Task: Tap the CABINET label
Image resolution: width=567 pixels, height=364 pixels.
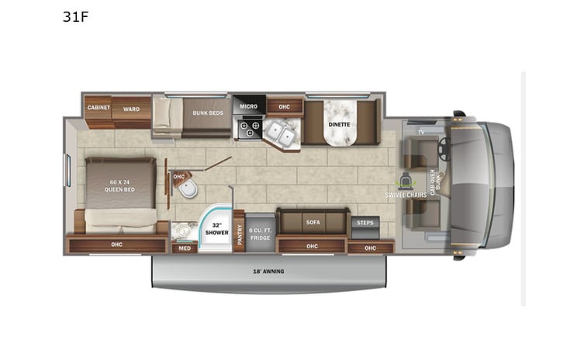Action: tap(98, 108)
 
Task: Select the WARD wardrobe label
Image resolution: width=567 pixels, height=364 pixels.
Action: tap(131, 109)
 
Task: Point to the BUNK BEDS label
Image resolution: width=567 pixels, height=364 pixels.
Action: tap(207, 113)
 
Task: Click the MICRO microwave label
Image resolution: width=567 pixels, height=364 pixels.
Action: tap(248, 106)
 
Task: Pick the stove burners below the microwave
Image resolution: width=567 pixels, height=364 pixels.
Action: tap(249, 128)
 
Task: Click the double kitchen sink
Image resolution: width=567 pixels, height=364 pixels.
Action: tap(281, 136)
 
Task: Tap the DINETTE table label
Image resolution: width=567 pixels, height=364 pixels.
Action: tap(339, 124)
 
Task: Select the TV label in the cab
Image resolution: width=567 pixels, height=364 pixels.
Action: tap(421, 132)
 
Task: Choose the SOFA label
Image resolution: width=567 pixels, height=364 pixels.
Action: tap(313, 223)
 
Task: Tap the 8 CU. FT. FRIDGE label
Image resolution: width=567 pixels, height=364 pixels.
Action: tap(260, 231)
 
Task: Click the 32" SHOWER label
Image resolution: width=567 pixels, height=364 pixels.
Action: tap(214, 230)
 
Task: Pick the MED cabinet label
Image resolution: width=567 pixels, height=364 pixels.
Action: tap(184, 248)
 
